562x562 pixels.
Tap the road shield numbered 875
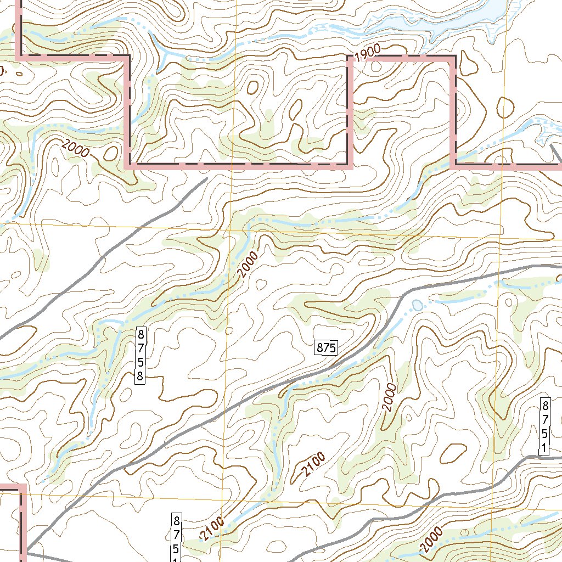[x=326, y=347]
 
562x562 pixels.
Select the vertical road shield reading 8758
[x=141, y=355]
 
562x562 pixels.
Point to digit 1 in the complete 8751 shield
[x=544, y=448]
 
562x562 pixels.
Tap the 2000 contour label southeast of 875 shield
[x=389, y=398]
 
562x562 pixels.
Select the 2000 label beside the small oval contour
[x=75, y=149]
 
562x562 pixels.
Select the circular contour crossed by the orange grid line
[x=504, y=107]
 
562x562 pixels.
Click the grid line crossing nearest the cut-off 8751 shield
[x=221, y=501]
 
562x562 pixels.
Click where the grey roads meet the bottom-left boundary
[x=25, y=549]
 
